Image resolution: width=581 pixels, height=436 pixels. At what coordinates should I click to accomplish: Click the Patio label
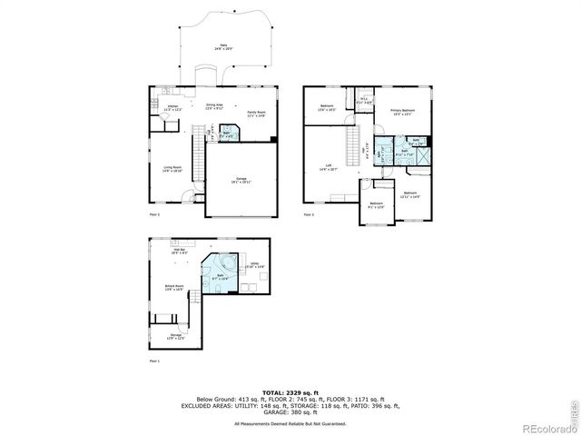click(x=222, y=46)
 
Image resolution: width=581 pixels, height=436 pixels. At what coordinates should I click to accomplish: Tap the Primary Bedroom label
click(x=402, y=112)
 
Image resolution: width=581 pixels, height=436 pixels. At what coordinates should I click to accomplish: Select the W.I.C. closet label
click(x=363, y=102)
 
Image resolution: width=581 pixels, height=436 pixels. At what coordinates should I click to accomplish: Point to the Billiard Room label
click(x=175, y=288)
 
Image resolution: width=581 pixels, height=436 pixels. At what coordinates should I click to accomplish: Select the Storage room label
click(x=175, y=337)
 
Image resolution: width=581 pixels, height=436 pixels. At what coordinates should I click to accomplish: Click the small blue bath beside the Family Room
click(x=228, y=134)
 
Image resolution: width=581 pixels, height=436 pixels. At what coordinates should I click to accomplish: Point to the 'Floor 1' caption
click(x=153, y=361)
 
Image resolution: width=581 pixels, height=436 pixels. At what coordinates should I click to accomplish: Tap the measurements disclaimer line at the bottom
click(x=290, y=423)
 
